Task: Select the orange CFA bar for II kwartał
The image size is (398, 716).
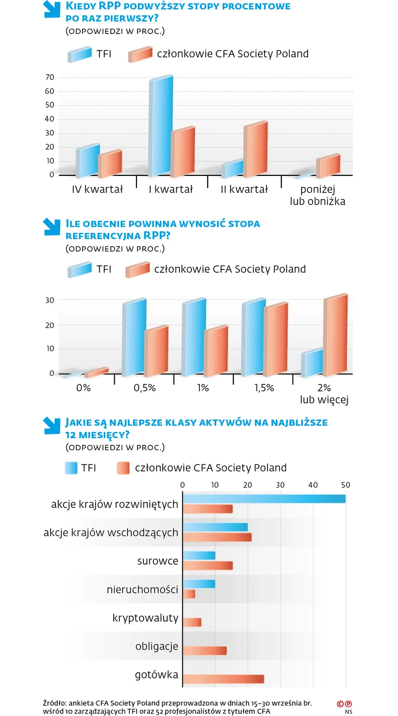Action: click(x=255, y=149)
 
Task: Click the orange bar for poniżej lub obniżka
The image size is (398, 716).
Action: click(x=328, y=167)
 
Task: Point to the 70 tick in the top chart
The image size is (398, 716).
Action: click(x=49, y=77)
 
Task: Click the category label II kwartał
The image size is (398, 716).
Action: click(x=244, y=189)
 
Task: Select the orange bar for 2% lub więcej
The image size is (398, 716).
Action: click(x=335, y=334)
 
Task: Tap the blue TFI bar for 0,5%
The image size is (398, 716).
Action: click(x=134, y=338)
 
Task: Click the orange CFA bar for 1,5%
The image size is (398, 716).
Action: click(x=275, y=339)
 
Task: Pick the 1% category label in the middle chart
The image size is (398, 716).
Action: click(x=203, y=388)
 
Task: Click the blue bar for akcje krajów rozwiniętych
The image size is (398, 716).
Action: click(x=264, y=499)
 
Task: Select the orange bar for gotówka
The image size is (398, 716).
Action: click(x=223, y=679)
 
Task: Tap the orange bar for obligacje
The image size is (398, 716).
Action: click(x=205, y=651)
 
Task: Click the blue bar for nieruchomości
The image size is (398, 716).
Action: click(x=199, y=584)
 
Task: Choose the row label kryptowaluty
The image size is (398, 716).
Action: click(x=145, y=618)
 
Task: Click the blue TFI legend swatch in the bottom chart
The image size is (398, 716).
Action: click(x=71, y=468)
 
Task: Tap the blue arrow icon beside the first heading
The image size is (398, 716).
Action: click(x=51, y=9)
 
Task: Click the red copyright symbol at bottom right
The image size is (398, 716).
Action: click(x=340, y=704)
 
